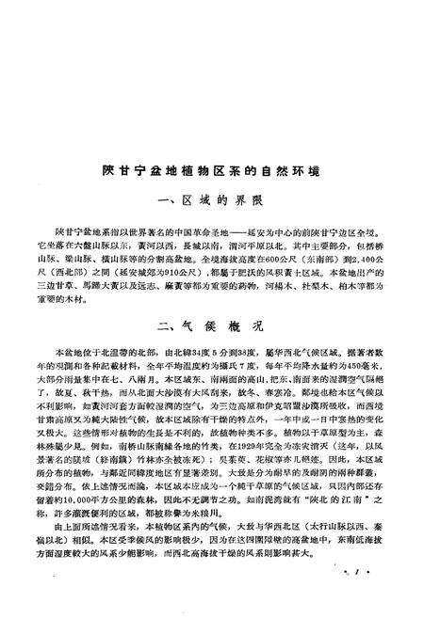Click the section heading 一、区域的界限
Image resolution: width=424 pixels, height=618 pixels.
212,204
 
